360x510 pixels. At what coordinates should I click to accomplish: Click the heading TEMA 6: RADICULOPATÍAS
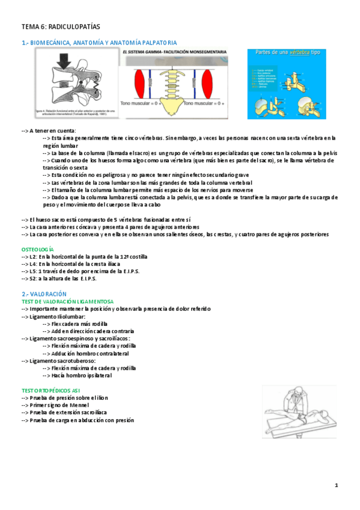click(60, 27)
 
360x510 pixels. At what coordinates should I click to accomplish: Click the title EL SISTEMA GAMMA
click(148, 54)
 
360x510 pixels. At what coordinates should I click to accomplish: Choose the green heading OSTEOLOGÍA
click(37, 248)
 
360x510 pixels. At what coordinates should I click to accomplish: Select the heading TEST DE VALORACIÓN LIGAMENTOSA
click(67, 301)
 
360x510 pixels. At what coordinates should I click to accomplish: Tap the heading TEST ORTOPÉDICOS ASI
click(55, 390)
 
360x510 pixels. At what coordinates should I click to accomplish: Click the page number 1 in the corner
click(337, 485)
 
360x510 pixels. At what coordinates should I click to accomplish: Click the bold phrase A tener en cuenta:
click(52, 131)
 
